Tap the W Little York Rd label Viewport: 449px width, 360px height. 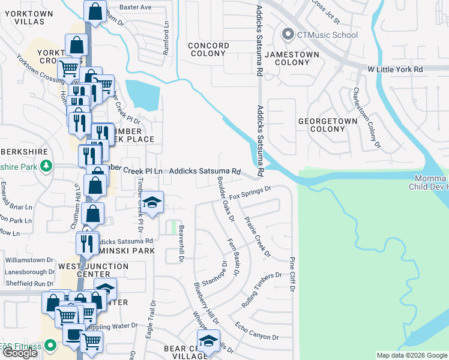pyautogui.click(x=396, y=70)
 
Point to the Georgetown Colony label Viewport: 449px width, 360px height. pyautogui.click(x=327, y=125)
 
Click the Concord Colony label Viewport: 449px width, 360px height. pyautogui.click(x=208, y=50)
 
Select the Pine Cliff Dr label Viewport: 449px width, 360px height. pyautogui.click(x=292, y=275)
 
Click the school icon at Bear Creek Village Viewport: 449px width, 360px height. pyautogui.click(x=208, y=340)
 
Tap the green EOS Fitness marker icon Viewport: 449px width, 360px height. pyautogui.click(x=50, y=345)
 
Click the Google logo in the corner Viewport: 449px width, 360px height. pyautogui.click(x=20, y=353)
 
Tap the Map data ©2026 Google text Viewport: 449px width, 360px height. pyautogui.click(x=412, y=355)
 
